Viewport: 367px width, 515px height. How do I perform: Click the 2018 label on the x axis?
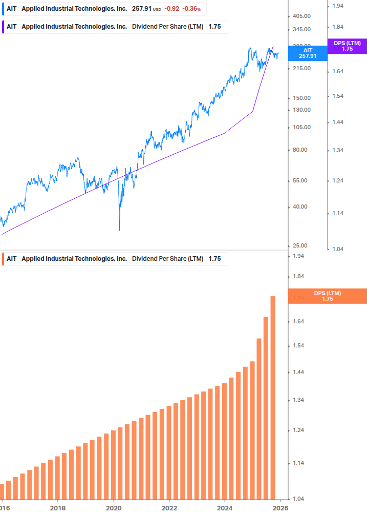click(x=58, y=508)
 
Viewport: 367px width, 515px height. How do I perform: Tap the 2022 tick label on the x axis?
click(x=169, y=508)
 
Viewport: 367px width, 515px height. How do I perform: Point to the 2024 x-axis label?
click(x=225, y=508)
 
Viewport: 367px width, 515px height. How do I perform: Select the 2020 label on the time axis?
click(x=113, y=508)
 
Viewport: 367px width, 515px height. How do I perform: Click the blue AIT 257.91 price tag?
click(x=308, y=53)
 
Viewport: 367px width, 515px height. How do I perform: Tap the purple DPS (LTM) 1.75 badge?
click(x=347, y=46)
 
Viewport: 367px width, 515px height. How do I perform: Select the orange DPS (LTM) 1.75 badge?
click(x=328, y=296)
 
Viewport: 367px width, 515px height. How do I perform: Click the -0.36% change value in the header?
click(x=191, y=9)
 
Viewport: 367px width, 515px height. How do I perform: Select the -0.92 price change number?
click(x=172, y=9)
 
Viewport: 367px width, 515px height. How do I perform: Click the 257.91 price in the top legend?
click(x=142, y=9)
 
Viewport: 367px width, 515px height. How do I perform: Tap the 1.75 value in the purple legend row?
click(x=214, y=27)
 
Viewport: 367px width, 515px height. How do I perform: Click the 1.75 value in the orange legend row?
click(x=214, y=259)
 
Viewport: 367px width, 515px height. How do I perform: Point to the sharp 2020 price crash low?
click(x=119, y=230)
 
